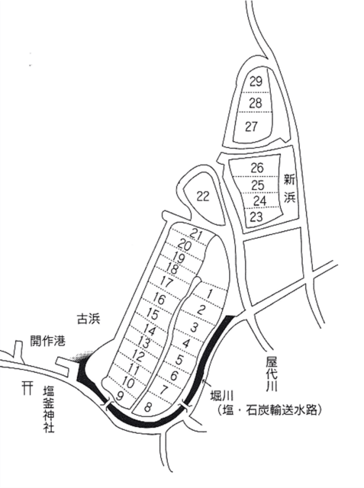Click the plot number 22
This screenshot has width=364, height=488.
203,197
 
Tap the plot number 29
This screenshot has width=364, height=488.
256,82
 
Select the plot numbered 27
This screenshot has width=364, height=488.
252,127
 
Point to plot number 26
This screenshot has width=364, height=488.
257,168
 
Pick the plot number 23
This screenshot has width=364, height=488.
256,217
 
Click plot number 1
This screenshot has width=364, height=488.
210,294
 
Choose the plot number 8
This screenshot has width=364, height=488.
149,406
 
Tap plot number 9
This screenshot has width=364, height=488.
119,396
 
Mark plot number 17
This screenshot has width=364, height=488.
166,282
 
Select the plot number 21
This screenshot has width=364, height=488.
196,234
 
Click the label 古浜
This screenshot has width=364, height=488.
89,319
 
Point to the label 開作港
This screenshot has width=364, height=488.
47,341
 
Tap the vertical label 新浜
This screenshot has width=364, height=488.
289,188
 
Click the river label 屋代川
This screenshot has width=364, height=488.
272,374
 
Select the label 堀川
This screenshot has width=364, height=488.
222,397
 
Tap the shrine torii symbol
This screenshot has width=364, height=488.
27,389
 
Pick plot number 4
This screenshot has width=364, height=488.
186,344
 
